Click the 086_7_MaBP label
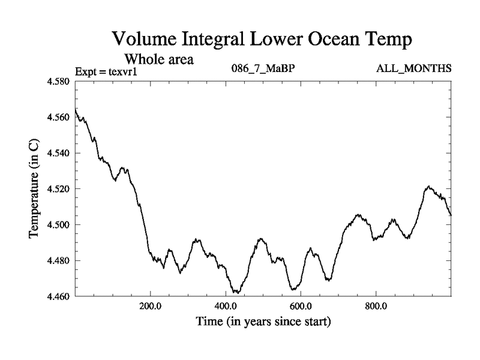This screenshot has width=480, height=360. pyautogui.click(x=263, y=69)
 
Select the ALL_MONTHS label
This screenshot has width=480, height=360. pyautogui.click(x=413, y=69)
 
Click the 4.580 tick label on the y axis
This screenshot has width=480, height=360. pyautogui.click(x=59, y=81)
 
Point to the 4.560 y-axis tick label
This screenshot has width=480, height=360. pyautogui.click(x=59, y=117)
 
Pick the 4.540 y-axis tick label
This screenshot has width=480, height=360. pyautogui.click(x=59, y=153)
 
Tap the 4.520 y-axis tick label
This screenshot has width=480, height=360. pyautogui.click(x=59, y=189)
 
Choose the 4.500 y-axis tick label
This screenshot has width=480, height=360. pyautogui.click(x=59, y=225)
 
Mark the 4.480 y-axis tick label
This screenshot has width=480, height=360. pyautogui.click(x=59, y=261)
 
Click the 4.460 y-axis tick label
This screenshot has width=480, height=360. pyautogui.click(x=59, y=296)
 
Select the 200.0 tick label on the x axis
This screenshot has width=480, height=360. pyautogui.click(x=150, y=306)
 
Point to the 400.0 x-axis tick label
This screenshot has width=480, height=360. pyautogui.click(x=225, y=306)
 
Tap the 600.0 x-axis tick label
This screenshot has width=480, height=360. pyautogui.click(x=301, y=306)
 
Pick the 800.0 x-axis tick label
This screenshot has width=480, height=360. pyautogui.click(x=376, y=306)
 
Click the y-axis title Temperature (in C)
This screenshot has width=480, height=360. pyautogui.click(x=34, y=189)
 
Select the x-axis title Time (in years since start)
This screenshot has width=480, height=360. pyautogui.click(x=263, y=322)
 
